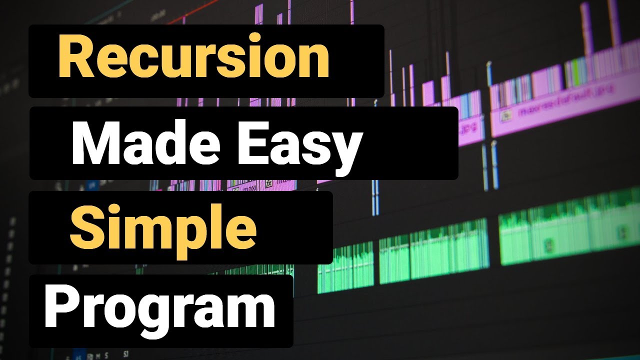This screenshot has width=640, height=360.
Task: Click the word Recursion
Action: click(194, 58)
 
